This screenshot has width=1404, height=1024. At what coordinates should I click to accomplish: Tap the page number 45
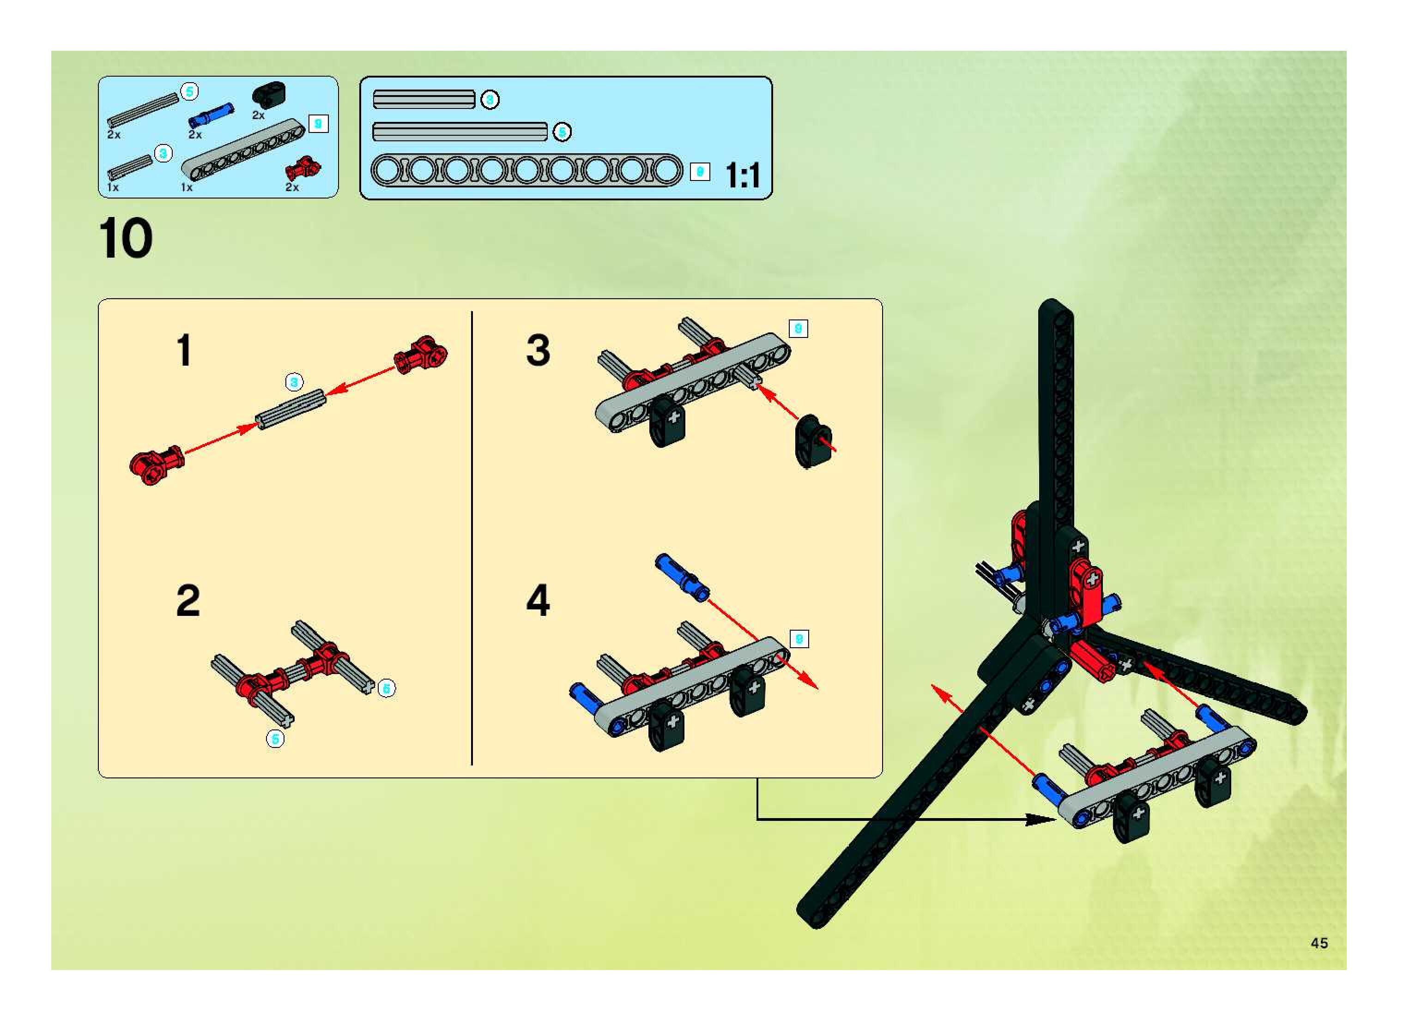click(x=1319, y=943)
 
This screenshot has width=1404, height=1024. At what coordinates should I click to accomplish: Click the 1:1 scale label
click(x=742, y=175)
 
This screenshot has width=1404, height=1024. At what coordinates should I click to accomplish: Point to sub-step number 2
click(x=188, y=600)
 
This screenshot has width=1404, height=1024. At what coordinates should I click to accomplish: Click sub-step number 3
click(x=538, y=350)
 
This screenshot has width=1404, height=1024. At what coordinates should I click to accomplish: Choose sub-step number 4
click(x=538, y=600)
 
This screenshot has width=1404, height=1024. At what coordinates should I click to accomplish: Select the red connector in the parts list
click(x=302, y=168)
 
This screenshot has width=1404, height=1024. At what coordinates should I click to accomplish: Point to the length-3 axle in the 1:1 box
click(x=424, y=99)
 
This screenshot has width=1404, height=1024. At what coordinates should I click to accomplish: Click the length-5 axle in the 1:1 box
click(x=460, y=132)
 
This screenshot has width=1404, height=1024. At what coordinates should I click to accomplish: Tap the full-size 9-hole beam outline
click(x=526, y=170)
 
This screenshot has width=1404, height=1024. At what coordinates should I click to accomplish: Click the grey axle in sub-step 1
click(x=291, y=409)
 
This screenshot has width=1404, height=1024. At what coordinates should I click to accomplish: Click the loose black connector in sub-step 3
click(x=812, y=441)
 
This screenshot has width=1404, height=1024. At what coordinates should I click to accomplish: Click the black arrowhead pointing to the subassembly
click(x=1041, y=819)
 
